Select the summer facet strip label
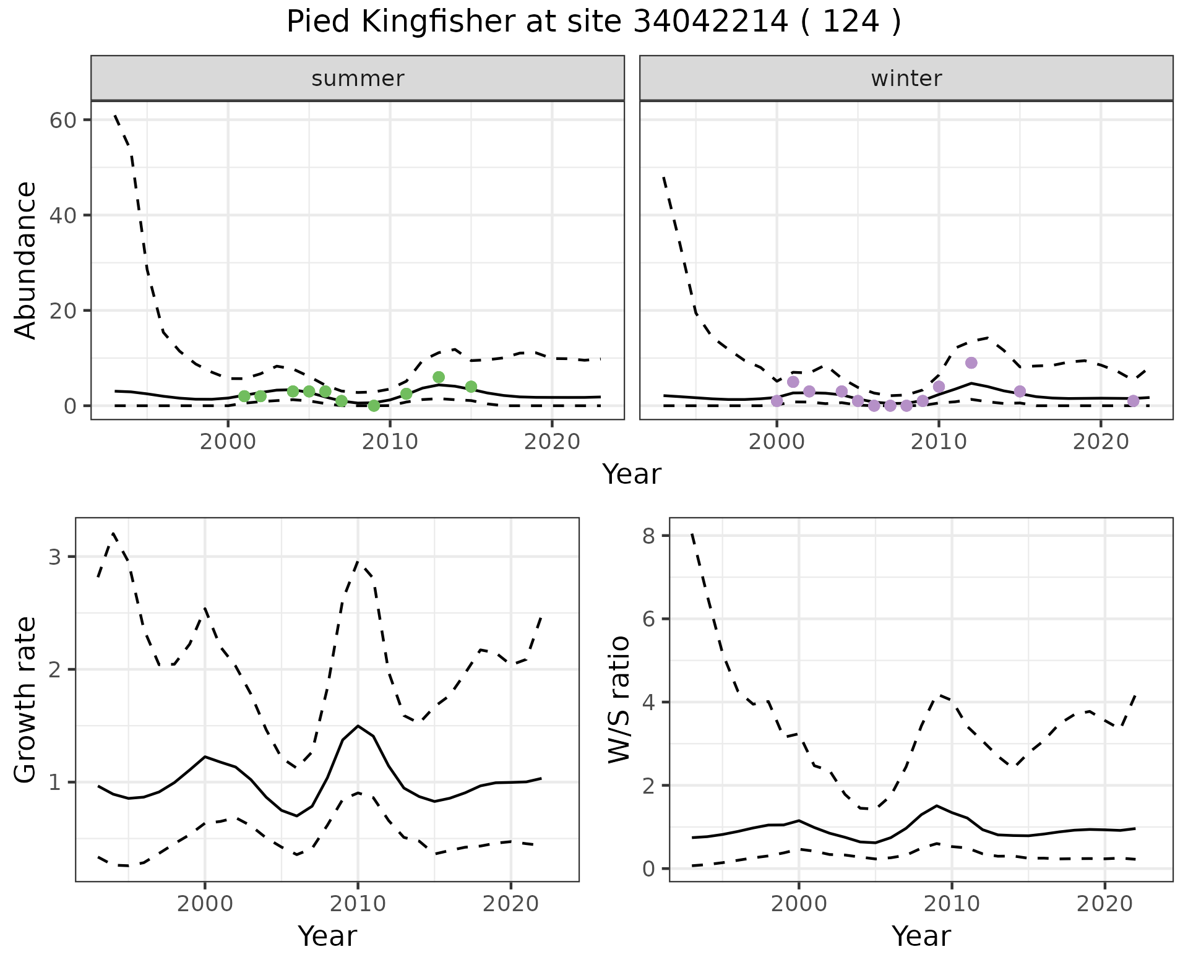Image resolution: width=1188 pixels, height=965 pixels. pyautogui.click(x=358, y=79)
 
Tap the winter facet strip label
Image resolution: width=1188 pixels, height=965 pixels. pyautogui.click(x=906, y=79)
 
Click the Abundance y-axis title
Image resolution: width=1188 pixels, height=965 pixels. pyautogui.click(x=26, y=260)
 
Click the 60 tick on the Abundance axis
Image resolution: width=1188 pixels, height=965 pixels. pyautogui.click(x=62, y=120)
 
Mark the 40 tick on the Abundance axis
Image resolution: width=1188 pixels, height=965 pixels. pyautogui.click(x=62, y=215)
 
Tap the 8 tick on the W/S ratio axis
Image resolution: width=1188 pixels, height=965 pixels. pyautogui.click(x=648, y=536)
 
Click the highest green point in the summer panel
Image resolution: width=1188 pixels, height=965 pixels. pyautogui.click(x=439, y=377)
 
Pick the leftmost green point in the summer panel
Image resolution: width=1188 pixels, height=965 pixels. pyautogui.click(x=244, y=396)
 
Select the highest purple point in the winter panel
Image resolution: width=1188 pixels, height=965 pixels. pyautogui.click(x=971, y=362)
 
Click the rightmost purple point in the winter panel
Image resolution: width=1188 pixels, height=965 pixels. pyautogui.click(x=1133, y=401)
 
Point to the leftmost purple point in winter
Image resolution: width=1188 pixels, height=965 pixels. pyautogui.click(x=777, y=401)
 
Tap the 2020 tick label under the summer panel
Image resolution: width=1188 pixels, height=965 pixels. pyautogui.click(x=551, y=442)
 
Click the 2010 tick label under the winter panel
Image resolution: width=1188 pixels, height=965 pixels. pyautogui.click(x=939, y=442)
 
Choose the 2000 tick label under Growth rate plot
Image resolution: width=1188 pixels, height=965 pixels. pyautogui.click(x=205, y=904)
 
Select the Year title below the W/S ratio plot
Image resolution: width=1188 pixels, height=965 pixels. pyautogui.click(x=921, y=936)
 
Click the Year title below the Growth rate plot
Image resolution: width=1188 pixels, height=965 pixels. pyautogui.click(x=327, y=936)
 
